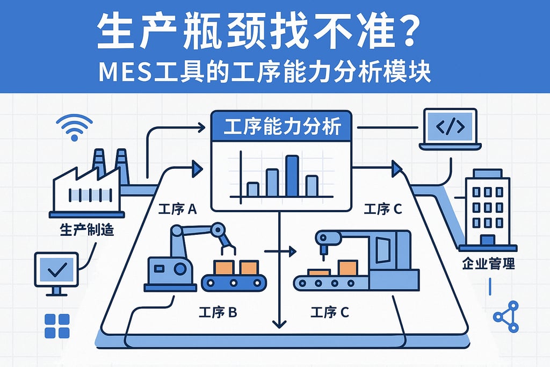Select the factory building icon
(89, 185)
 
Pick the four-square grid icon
(57, 326)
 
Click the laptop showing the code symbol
(450, 128)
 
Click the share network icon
(506, 316)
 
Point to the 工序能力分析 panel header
(281, 128)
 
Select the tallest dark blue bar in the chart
(292, 176)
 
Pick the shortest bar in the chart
(252, 189)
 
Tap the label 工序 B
(218, 312)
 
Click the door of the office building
(488, 240)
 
